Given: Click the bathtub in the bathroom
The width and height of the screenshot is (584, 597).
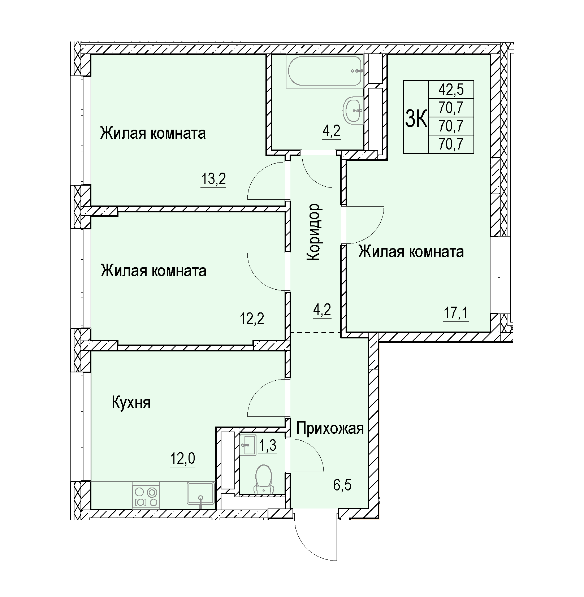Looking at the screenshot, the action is pyautogui.click(x=324, y=71).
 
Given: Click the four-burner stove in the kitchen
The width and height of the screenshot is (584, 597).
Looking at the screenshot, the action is pyautogui.click(x=146, y=496).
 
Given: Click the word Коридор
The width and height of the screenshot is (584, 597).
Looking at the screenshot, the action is pyautogui.click(x=313, y=232).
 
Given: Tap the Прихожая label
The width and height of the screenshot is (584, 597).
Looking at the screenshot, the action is pyautogui.click(x=330, y=429).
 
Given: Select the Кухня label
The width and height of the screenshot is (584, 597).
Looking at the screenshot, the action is pyautogui.click(x=131, y=402).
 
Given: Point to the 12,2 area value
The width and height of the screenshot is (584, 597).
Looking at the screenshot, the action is pyautogui.click(x=252, y=319).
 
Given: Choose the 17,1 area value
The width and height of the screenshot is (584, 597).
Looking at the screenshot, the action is pyautogui.click(x=456, y=313).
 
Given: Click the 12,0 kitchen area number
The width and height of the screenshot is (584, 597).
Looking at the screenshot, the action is pyautogui.click(x=183, y=459).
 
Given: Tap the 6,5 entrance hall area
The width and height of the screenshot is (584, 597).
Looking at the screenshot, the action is pyautogui.click(x=342, y=486).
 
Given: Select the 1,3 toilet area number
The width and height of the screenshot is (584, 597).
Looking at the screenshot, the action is pyautogui.click(x=267, y=446).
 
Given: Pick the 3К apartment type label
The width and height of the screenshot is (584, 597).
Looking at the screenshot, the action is pyautogui.click(x=416, y=118).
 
